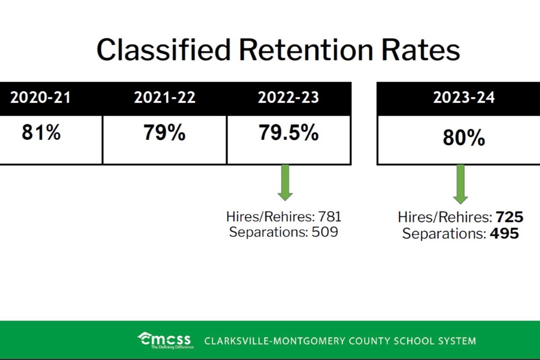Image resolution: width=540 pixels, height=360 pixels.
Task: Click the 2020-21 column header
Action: coord(40,98)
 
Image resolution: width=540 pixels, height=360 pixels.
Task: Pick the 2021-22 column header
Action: coord(165,98)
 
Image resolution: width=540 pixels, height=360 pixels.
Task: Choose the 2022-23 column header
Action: coord(288,98)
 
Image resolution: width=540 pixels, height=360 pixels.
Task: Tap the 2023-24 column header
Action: coord(464,98)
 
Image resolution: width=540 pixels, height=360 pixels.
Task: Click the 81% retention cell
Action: coord(41,133)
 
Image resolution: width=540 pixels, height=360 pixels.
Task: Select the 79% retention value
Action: coord(164,133)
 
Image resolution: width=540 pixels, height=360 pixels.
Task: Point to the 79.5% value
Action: coord(288,133)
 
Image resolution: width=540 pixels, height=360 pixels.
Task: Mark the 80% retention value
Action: coord(464,139)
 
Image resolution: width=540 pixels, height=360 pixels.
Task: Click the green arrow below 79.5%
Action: coord(285,182)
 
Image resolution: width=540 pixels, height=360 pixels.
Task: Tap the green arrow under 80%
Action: coord(460,184)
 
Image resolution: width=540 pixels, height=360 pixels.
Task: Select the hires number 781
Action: coord(330,217)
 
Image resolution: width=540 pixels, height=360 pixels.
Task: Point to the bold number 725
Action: coord(510,218)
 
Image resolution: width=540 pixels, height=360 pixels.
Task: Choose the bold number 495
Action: coord(504,234)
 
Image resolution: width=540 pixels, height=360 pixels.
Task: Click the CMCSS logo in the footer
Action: coord(165,340)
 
